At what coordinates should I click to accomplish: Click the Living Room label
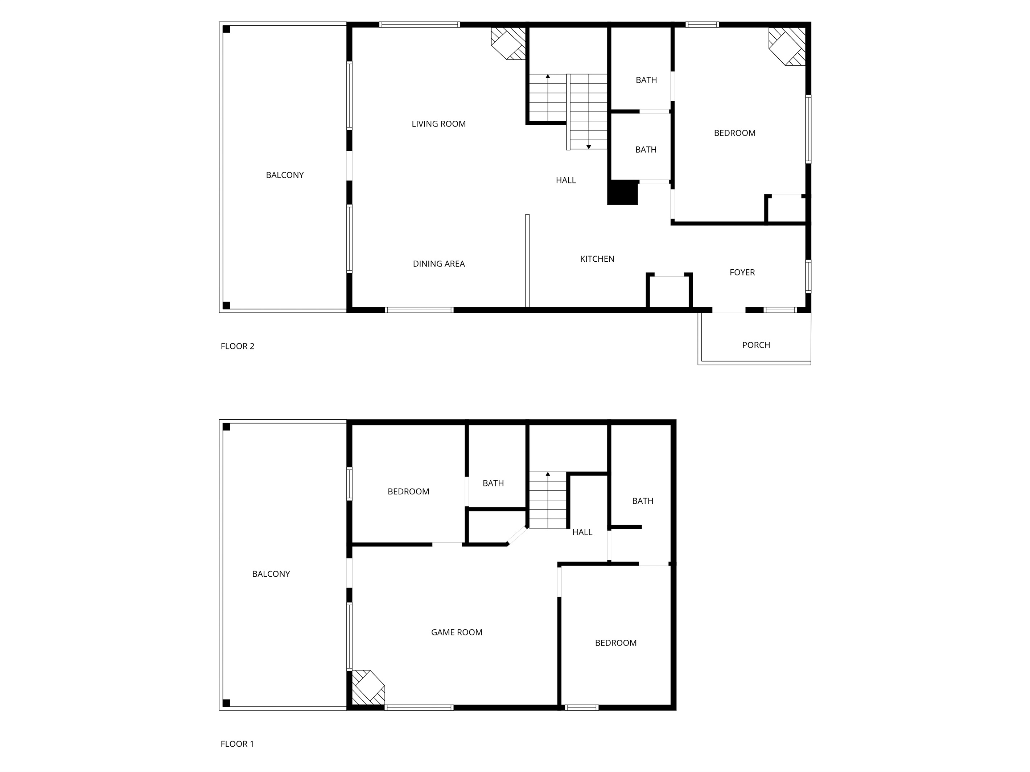438,124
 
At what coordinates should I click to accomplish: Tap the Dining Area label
438,264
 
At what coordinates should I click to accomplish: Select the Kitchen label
597,259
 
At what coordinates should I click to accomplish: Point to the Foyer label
742,272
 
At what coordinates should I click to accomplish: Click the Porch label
756,345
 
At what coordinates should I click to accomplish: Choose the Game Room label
456,632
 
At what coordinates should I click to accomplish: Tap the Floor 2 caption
238,346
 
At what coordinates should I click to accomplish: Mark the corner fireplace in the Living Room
509,43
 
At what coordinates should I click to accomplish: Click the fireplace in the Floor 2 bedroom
787,46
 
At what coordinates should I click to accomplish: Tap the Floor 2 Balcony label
284,175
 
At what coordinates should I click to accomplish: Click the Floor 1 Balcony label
271,574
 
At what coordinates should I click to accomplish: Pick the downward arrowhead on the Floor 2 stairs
589,147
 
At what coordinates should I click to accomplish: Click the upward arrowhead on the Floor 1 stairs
548,474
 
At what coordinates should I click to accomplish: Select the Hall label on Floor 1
582,532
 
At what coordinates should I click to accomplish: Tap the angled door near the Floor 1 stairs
517,536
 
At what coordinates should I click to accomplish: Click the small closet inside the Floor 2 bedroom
786,209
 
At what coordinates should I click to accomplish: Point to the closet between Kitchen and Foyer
669,292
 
